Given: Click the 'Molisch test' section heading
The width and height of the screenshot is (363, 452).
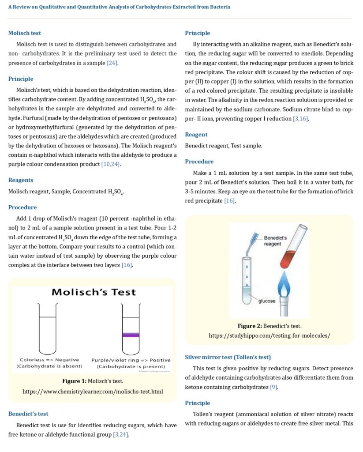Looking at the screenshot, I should pos(25,33).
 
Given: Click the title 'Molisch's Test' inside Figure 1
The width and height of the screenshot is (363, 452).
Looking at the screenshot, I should pos(94,292).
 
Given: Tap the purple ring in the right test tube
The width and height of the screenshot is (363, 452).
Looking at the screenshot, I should pos(131,335).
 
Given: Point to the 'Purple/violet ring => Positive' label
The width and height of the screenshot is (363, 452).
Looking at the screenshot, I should pos(131,360).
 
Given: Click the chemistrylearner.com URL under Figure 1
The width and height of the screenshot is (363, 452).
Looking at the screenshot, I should pos(93,392).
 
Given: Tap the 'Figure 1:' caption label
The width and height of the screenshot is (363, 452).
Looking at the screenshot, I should pos(74,381).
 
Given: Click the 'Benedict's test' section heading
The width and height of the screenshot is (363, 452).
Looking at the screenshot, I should pos(28,414).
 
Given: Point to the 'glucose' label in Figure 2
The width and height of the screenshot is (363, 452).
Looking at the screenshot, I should pos(267,301).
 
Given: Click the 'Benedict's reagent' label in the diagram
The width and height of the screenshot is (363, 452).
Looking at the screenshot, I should pos(275,241).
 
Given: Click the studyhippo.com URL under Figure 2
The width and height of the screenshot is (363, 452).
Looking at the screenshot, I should pos(269,335).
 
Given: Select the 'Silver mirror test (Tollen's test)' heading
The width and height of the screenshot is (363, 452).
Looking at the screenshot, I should pos(228,357).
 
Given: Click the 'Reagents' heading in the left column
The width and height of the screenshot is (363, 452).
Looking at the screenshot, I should pos(21,180).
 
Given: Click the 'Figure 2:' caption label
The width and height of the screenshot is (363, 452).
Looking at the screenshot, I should pos(250,326).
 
